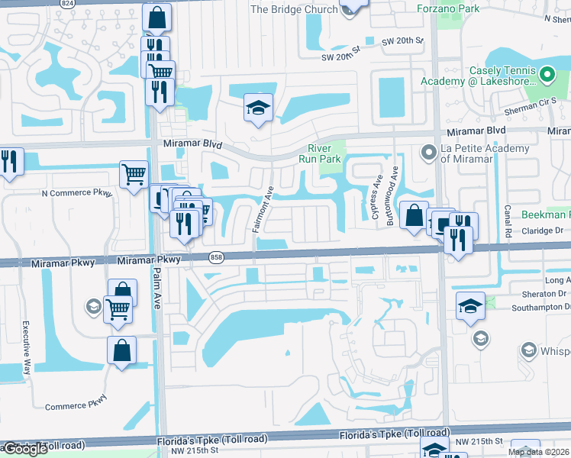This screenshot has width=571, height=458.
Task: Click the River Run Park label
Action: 326,153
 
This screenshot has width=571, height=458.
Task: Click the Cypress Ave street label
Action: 376,196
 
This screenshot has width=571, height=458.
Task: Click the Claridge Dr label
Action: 541,229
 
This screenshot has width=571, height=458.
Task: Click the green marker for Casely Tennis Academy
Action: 547,74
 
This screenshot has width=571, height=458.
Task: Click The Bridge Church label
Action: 294,9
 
